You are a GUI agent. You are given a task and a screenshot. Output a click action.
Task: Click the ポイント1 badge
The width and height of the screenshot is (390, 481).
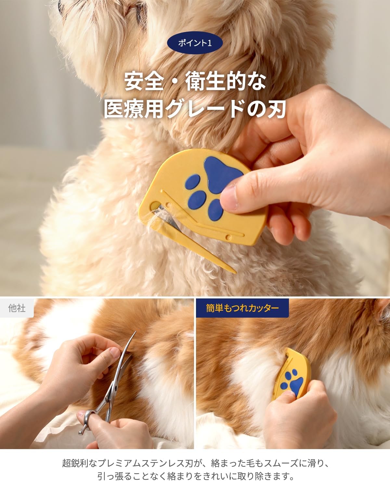[x=195, y=43]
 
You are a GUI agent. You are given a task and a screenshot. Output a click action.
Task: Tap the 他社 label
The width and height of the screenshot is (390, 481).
[x=17, y=308]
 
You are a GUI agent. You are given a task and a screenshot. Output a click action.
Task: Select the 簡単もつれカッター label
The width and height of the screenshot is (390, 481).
[x=242, y=308]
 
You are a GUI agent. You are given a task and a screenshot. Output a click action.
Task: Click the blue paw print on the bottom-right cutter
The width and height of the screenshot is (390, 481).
[x=292, y=382]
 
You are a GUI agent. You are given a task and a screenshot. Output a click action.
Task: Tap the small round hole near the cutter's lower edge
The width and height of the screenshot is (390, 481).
[x=228, y=237]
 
